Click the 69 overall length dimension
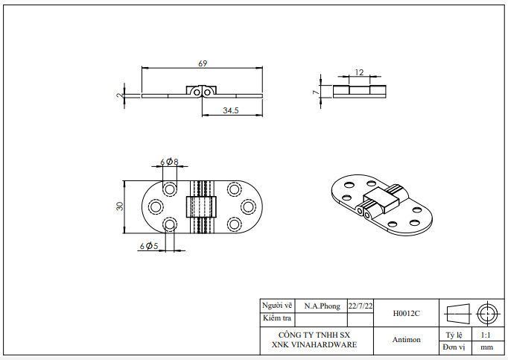(202, 63)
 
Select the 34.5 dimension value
(230, 110)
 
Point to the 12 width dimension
(359, 72)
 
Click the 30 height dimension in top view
(119, 206)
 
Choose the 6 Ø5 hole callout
(148, 245)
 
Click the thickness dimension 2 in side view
(119, 95)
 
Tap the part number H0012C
(406, 314)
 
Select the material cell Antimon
(406, 340)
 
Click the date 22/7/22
(361, 306)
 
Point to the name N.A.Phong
(322, 306)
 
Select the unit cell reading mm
(486, 347)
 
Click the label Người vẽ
(276, 306)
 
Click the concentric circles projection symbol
(489, 312)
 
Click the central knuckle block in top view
(199, 206)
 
